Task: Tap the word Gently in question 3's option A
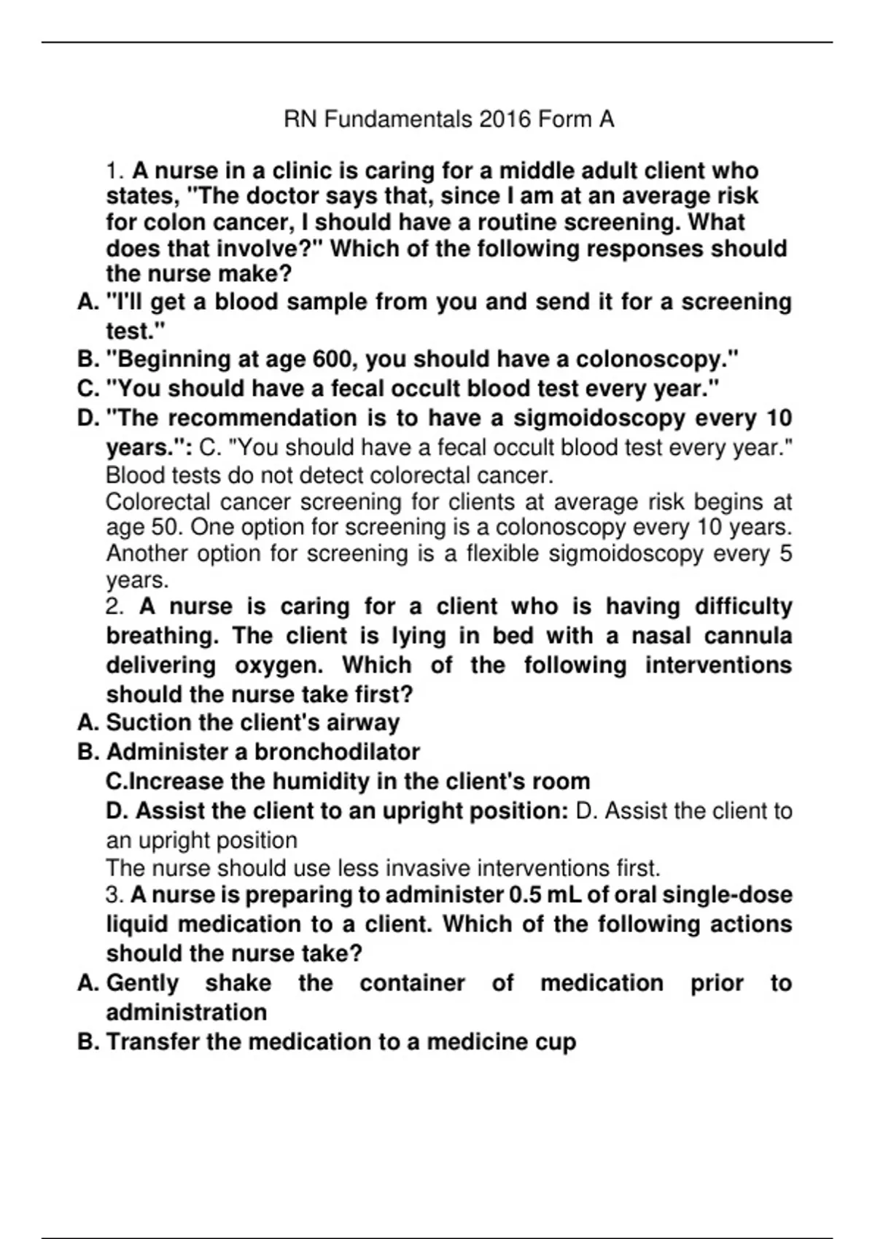click(x=143, y=983)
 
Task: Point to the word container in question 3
click(x=412, y=983)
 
